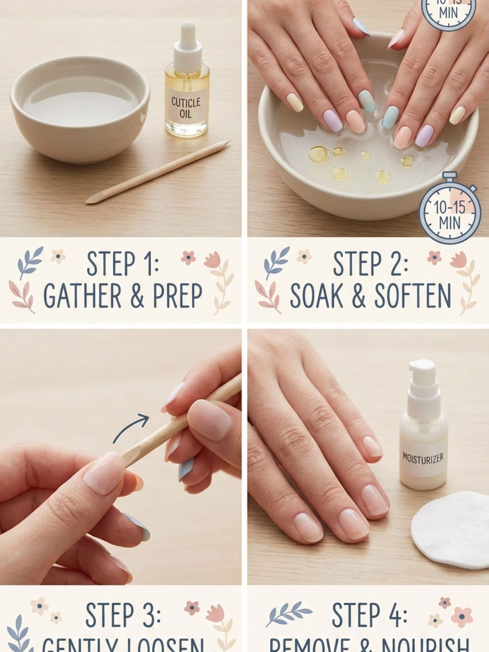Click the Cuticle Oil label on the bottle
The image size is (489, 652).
point(186,107)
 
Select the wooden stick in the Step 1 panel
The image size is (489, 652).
point(159,171)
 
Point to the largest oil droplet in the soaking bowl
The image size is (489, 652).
point(319,154)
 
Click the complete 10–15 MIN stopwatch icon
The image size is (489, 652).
point(448,212)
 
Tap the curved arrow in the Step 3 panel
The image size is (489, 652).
point(131,428)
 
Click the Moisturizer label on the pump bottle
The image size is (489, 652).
point(422,458)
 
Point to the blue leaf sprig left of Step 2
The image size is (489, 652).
point(276,260)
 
